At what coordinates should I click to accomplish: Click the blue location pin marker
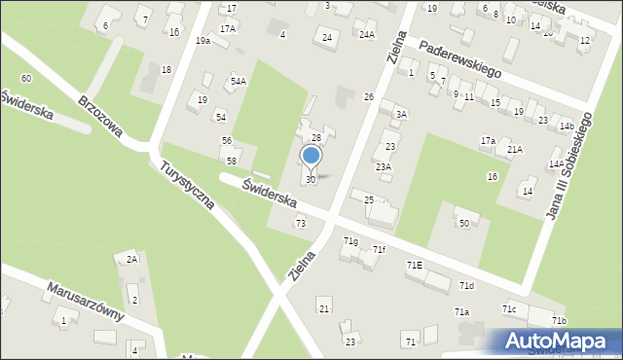coord(311,157)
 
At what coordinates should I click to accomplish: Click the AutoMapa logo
coord(558,342)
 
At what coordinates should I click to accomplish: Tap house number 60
coord(25,78)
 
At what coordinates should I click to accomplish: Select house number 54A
coord(238,82)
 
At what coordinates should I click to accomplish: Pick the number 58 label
coord(232,161)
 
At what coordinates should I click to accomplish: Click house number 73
coord(301,224)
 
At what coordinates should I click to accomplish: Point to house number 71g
coord(350,240)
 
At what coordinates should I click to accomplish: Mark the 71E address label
coord(415,265)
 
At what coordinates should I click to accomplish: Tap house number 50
coord(464,224)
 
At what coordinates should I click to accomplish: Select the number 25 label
coord(369,199)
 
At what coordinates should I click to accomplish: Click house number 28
coord(316,138)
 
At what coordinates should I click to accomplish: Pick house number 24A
coord(366,35)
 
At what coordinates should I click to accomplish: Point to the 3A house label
coord(400,115)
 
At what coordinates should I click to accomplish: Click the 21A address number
coord(514,149)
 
